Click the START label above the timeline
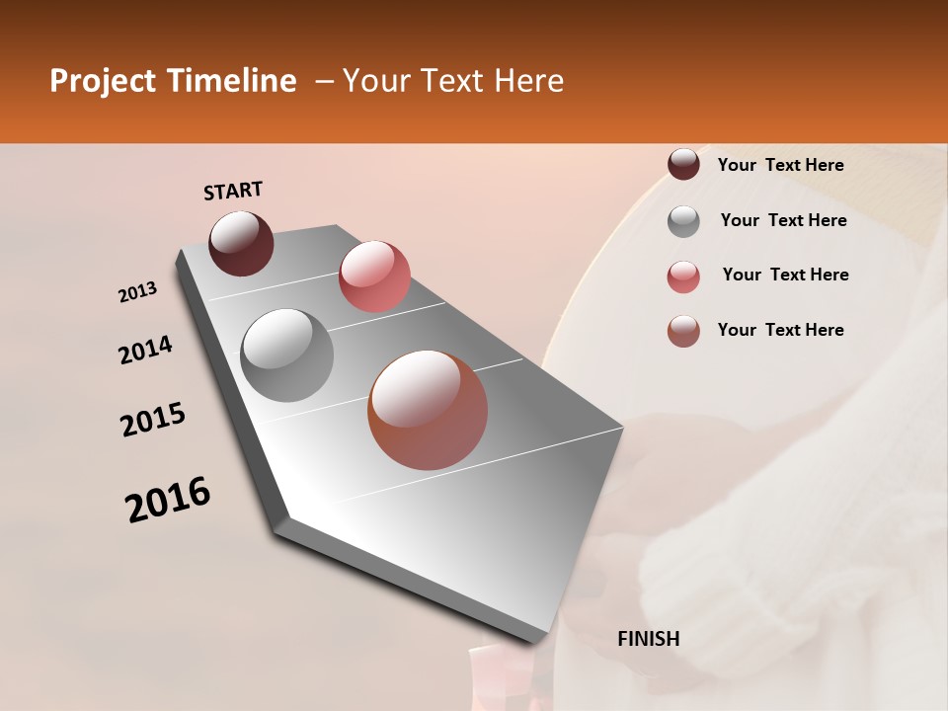233,191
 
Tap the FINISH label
648,639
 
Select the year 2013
137,292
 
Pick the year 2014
145,351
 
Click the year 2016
168,500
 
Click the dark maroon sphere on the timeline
241,243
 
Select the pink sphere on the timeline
374,276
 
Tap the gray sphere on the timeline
286,355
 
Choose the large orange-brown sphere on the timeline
427,410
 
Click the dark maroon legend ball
683,164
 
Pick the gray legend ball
683,221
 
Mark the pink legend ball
683,276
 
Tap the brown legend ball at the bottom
683,331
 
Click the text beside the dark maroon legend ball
780,165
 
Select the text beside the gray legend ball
783,220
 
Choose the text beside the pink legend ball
785,275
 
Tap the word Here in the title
528,81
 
